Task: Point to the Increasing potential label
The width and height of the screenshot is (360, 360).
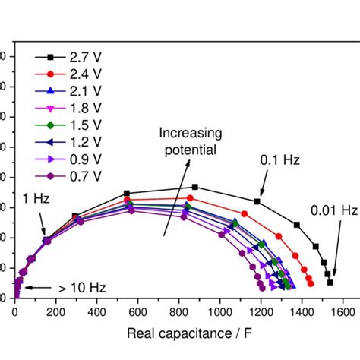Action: pos(187,141)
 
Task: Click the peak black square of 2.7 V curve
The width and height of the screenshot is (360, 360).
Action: pos(195,187)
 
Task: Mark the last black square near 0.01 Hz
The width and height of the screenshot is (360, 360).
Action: pos(330,282)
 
